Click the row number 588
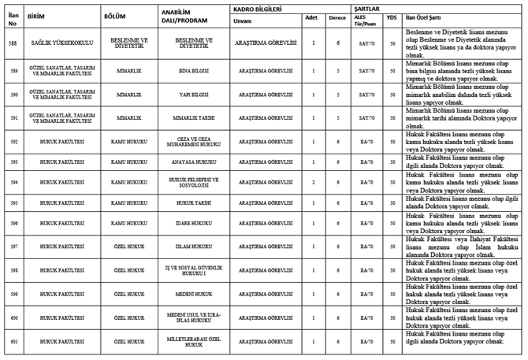click(13, 41)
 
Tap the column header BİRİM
click(35, 15)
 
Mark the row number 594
click(13, 181)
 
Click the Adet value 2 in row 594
click(313, 181)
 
